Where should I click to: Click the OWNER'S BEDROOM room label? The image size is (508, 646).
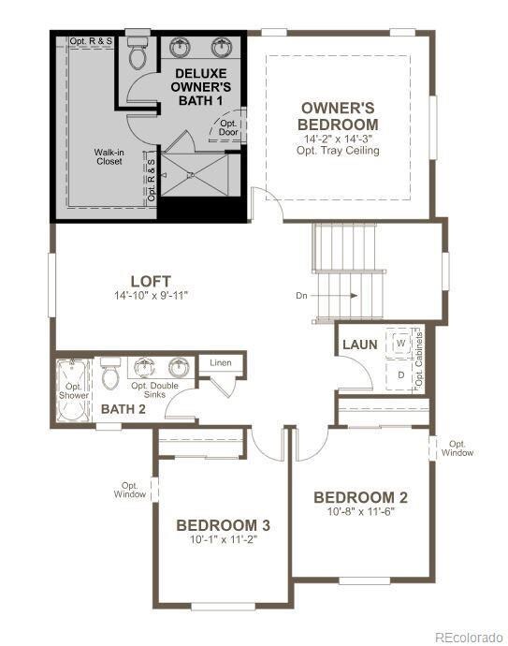(x=338, y=116)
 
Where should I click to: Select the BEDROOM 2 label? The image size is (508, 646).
(x=360, y=497)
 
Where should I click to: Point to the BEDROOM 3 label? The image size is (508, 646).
(x=224, y=524)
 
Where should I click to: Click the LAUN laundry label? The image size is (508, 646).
(x=359, y=345)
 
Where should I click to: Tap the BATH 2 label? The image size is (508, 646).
(x=123, y=409)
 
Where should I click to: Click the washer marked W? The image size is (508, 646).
(x=401, y=344)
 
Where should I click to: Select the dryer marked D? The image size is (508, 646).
(x=401, y=375)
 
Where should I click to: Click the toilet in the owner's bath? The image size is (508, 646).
(x=138, y=57)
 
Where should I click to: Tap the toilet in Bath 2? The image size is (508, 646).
(x=109, y=376)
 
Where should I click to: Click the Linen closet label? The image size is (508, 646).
(x=221, y=362)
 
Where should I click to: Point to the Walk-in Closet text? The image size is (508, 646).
(x=108, y=155)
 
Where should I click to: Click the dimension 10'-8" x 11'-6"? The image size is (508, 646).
(x=360, y=513)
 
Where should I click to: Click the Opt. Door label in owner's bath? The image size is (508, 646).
(x=229, y=127)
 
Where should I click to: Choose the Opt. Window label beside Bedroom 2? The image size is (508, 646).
(x=458, y=448)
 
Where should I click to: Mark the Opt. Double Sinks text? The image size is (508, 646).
(x=154, y=390)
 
